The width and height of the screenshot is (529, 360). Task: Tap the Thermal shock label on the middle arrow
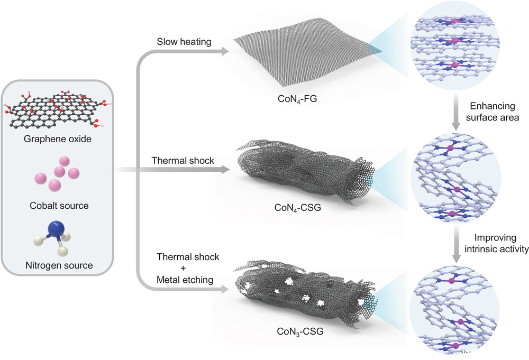point(183,160)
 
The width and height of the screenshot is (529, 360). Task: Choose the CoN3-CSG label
point(299,333)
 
